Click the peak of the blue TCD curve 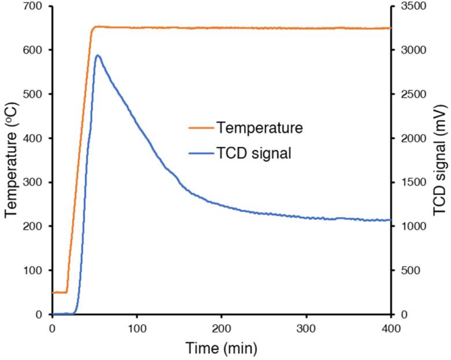(x=98, y=56)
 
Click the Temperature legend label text (x=259, y=128)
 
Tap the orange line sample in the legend (x=199, y=128)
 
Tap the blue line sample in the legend (x=199, y=153)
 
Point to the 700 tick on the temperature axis (x=36, y=6)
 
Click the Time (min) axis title (x=221, y=348)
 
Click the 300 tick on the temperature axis (x=36, y=182)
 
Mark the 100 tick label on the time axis (x=137, y=328)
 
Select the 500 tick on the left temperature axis (x=36, y=94)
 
